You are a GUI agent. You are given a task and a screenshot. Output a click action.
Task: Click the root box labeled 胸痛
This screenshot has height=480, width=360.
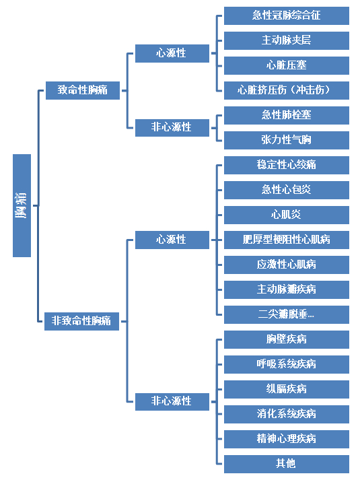pyautogui.click(x=22, y=205)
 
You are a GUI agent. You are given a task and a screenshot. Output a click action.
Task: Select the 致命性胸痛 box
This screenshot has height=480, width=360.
pyautogui.click(x=83, y=90)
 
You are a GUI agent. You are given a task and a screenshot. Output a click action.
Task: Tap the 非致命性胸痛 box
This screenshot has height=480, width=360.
pyautogui.click(x=81, y=321)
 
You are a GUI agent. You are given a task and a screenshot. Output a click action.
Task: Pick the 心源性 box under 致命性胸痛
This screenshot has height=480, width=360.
pyautogui.click(x=172, y=53)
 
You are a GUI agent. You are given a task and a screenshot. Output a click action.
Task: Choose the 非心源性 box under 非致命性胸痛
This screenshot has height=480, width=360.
pyautogui.click(x=172, y=402)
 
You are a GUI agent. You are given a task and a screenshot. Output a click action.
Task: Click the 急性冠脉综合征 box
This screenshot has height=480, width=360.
pyautogui.click(x=287, y=15)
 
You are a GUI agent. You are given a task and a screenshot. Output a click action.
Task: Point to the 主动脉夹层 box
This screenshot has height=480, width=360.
pyautogui.click(x=287, y=40)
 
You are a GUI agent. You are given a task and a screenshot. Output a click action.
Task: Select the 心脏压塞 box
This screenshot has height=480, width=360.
pyautogui.click(x=287, y=65)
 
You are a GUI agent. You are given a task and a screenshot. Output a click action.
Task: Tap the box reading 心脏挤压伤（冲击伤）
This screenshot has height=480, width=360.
pyautogui.click(x=287, y=90)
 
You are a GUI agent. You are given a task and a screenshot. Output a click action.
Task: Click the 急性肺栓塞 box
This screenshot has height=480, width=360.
pyautogui.click(x=287, y=115)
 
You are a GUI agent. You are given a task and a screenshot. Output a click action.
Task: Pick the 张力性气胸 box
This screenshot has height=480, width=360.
pyautogui.click(x=287, y=140)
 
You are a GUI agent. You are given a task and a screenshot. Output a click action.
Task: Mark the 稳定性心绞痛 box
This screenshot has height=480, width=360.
pyautogui.click(x=287, y=165)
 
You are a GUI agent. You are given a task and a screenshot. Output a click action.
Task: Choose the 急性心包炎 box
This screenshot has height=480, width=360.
pyautogui.click(x=287, y=190)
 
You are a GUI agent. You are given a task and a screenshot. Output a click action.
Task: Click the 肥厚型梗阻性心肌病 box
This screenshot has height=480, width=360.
pyautogui.click(x=287, y=240)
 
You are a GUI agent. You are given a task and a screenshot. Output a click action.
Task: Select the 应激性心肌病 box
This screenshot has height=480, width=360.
pyautogui.click(x=287, y=265)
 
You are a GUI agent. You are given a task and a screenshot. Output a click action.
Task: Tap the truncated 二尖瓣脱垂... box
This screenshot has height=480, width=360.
pyautogui.click(x=287, y=314)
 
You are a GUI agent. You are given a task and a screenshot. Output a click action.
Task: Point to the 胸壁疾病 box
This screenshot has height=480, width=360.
pyautogui.click(x=287, y=339)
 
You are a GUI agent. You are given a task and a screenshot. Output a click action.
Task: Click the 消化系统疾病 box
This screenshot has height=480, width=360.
pyautogui.click(x=287, y=414)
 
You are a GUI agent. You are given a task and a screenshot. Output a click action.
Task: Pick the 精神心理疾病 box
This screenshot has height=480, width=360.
pyautogui.click(x=287, y=439)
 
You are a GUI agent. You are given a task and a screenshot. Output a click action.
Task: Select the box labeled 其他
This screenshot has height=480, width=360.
pyautogui.click(x=287, y=464)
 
